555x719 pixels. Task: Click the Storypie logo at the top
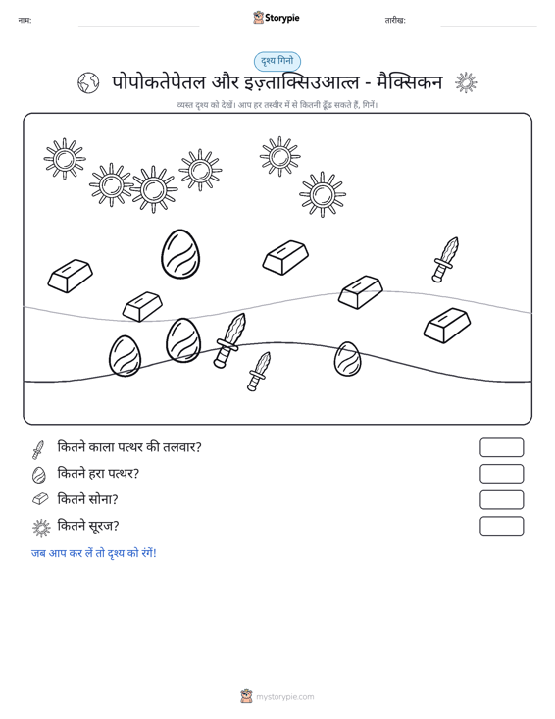[x=277, y=18]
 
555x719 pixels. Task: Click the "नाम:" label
[x=25, y=20]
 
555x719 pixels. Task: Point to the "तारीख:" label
[x=395, y=21]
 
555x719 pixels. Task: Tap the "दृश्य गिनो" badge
[x=277, y=61]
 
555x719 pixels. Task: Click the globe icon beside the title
[x=88, y=83]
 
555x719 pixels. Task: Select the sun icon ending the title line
[x=466, y=83]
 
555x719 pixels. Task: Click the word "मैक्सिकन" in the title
[x=409, y=82]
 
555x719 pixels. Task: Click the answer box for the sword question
[x=501, y=447]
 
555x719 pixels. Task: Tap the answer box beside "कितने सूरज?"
[x=501, y=526]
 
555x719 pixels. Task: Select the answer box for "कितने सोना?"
[x=501, y=500]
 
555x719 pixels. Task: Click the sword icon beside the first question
[x=38, y=450]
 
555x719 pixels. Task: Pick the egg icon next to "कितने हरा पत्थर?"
[x=39, y=475]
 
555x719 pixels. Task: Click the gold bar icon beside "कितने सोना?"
[x=40, y=499]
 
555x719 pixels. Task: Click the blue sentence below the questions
[x=94, y=553]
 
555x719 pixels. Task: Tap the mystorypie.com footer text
[x=284, y=697]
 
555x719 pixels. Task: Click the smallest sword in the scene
[x=259, y=372]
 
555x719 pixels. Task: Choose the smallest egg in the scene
[x=347, y=359]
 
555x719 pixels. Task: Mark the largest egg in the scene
[x=180, y=254]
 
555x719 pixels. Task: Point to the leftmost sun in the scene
[x=65, y=159]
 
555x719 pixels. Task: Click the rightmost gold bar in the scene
[x=447, y=325]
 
